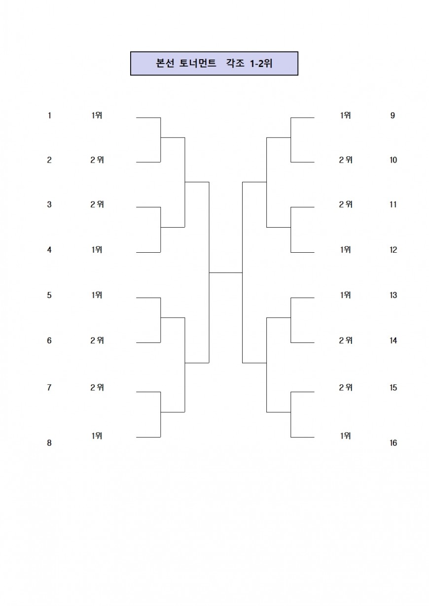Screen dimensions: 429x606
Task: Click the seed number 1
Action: tap(49, 115)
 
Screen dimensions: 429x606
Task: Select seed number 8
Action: tap(49, 443)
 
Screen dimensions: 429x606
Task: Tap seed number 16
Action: tap(393, 443)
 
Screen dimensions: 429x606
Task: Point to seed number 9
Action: tap(393, 115)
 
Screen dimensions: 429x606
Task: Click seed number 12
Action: tap(393, 250)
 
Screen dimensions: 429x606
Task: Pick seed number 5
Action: tap(49, 295)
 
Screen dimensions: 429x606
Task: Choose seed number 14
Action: tap(393, 340)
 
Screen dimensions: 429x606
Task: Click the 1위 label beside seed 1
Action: tap(97, 115)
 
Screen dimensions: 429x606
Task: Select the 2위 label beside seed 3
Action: tap(97, 204)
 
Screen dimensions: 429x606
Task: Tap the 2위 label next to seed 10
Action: tap(346, 160)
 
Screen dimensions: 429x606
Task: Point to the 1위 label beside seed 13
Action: tap(345, 295)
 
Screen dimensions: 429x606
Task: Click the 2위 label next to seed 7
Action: tap(97, 388)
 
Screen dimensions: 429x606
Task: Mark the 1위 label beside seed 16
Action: tap(345, 436)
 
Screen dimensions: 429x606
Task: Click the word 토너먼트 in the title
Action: tap(198, 63)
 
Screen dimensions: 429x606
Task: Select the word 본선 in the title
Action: tap(165, 63)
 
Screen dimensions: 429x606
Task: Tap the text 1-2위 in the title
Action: tap(261, 63)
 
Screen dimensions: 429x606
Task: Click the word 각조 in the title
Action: tap(235, 63)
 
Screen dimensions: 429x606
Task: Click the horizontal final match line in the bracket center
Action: tap(226, 273)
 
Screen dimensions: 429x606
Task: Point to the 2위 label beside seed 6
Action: tap(97, 340)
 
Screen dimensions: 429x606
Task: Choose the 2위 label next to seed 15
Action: tap(346, 388)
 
